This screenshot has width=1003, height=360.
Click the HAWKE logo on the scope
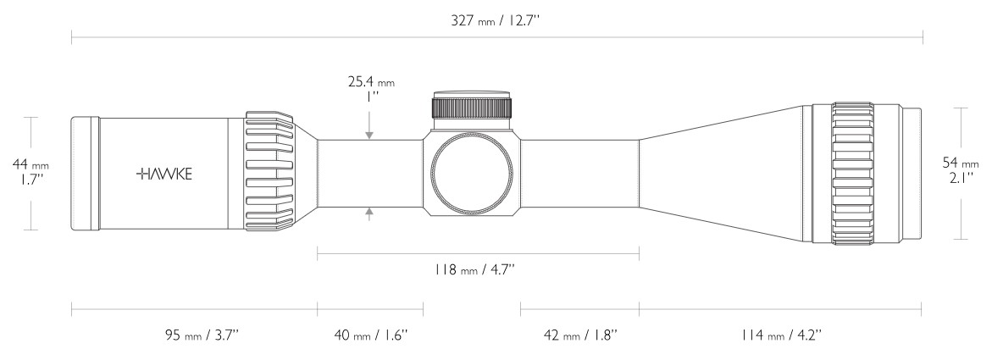tap(164, 174)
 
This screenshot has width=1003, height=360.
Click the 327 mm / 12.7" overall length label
tap(496, 20)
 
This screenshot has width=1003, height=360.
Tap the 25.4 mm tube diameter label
tap(371, 82)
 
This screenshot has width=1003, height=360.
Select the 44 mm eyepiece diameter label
tap(30, 165)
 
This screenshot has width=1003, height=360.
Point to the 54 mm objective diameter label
tap(960, 163)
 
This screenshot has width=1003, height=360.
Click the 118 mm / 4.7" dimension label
tap(474, 269)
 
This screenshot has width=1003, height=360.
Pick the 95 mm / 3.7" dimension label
tap(202, 335)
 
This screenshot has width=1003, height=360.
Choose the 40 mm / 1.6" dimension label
tap(370, 335)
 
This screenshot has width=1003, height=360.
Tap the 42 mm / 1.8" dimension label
tap(580, 335)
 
